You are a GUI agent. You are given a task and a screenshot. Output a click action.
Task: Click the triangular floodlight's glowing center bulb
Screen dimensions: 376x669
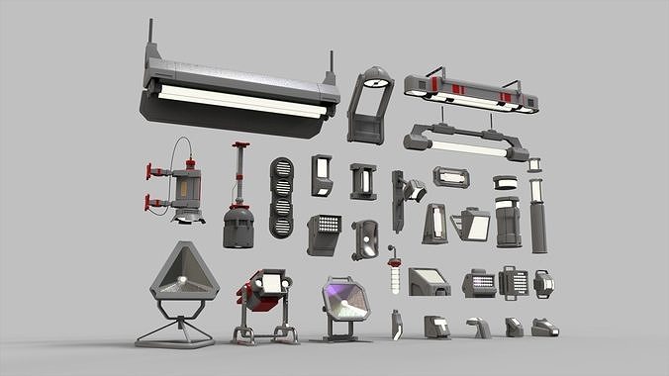tap(181, 284)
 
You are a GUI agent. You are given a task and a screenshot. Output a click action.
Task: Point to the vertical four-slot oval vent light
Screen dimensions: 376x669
tap(281, 198)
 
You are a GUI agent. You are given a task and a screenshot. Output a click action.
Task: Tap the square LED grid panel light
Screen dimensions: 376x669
tap(325, 231)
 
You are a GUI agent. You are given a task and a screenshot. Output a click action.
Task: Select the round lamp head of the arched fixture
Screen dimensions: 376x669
tap(374, 82)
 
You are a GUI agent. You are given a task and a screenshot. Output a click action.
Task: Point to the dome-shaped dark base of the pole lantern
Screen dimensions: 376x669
tap(239, 228)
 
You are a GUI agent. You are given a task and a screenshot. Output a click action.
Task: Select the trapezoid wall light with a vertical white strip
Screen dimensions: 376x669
tap(434, 225)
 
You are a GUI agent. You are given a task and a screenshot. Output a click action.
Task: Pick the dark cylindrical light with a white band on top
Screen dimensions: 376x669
tap(508, 222)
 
